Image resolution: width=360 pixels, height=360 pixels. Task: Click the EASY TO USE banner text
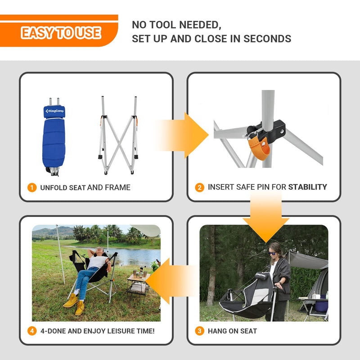tap(61, 33)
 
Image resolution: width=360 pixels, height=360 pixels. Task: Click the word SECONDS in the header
tap(267, 39)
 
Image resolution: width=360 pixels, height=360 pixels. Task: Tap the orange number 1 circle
tap(32, 188)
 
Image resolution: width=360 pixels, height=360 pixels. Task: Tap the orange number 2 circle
tap(200, 187)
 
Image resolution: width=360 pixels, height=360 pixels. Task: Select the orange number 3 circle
tap(200, 331)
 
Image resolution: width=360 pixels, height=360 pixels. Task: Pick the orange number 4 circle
tap(32, 331)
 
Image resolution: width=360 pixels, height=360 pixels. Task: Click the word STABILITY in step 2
tap(307, 187)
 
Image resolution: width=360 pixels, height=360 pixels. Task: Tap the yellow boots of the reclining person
tap(74, 303)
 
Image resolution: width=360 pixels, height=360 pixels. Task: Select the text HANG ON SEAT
tap(232, 331)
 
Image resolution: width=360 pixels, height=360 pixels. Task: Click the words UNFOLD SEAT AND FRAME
tap(85, 188)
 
